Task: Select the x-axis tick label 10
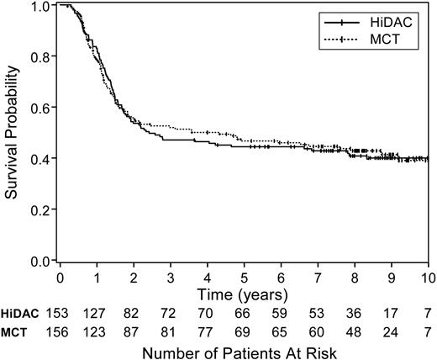click(425, 276)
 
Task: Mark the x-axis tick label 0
click(61, 276)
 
